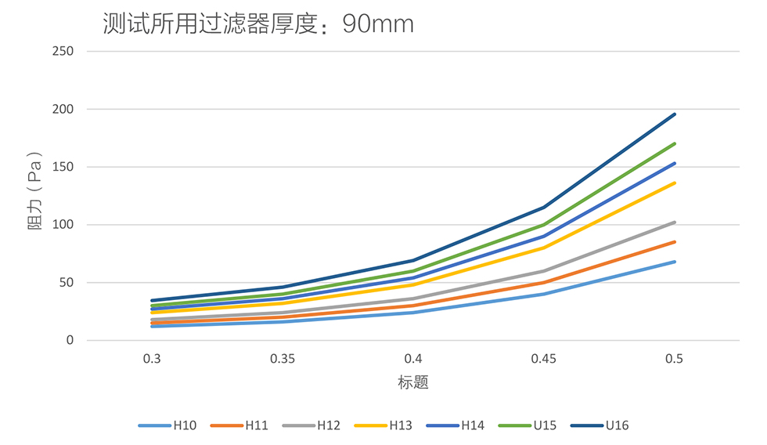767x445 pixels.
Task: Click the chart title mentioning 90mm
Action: coord(258,24)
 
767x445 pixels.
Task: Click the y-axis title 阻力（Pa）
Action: coord(36,196)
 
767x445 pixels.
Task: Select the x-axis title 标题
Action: coord(413,383)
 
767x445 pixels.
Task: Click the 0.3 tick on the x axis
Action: coord(153,359)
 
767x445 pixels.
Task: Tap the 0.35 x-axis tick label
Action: coord(283,359)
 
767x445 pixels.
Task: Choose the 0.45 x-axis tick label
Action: coord(544,359)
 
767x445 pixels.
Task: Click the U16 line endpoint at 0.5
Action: coord(675,114)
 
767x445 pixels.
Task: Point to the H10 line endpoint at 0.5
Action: coord(675,262)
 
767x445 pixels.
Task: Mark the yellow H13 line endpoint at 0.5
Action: coord(675,183)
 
